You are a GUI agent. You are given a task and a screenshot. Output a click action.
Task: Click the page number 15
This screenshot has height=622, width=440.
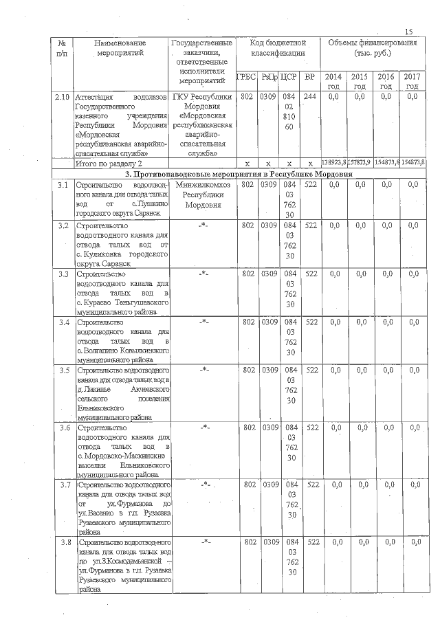(409, 32)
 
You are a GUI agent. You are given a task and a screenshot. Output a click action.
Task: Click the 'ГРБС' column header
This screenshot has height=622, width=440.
(245, 77)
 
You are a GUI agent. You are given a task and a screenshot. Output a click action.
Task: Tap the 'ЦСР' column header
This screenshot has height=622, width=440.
(289, 77)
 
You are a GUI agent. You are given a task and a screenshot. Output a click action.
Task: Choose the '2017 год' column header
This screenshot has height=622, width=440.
(412, 81)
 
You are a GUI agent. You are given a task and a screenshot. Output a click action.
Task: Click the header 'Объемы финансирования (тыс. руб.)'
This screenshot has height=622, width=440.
(373, 47)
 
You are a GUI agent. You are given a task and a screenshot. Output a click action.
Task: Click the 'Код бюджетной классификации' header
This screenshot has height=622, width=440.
(278, 47)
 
